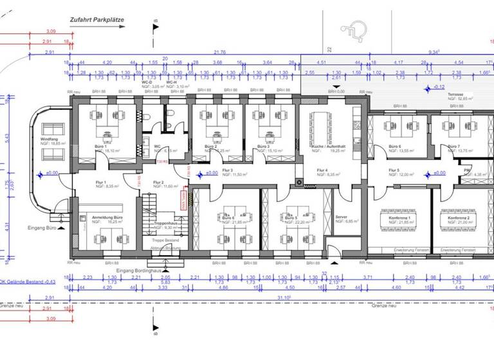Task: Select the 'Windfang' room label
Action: pyautogui.click(x=50, y=139)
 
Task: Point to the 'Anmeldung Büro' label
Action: pyautogui.click(x=107, y=218)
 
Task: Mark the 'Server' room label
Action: pyautogui.click(x=342, y=217)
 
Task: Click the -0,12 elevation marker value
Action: pyautogui.click(x=439, y=86)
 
